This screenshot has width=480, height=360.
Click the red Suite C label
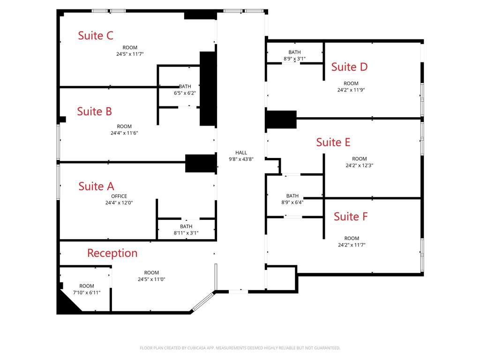point(96,36)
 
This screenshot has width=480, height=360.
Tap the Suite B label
point(94,112)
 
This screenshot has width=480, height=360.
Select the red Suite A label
point(96,186)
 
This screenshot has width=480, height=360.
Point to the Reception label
point(112,253)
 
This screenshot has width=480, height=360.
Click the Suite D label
point(349,67)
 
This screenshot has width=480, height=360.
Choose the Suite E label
point(333,142)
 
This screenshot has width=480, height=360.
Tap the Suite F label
point(351,217)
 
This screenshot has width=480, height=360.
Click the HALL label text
point(241,152)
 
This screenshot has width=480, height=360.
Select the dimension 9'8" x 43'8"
point(241,159)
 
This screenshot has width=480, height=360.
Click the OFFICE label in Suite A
point(119,196)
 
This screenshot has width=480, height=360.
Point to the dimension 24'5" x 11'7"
point(130,54)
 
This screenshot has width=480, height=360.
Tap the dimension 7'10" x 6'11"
point(87,292)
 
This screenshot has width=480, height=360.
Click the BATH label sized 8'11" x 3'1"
point(186,226)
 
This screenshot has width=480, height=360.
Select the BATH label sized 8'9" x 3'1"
point(294,52)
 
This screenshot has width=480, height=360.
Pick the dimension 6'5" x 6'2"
point(185,93)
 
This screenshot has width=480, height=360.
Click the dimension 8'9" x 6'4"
point(292,202)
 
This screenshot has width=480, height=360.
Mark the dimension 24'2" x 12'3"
point(360,165)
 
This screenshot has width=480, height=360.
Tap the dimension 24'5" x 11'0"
point(151,279)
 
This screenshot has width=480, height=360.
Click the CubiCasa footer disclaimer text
point(240,348)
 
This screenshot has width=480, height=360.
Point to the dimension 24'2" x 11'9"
point(351,90)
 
